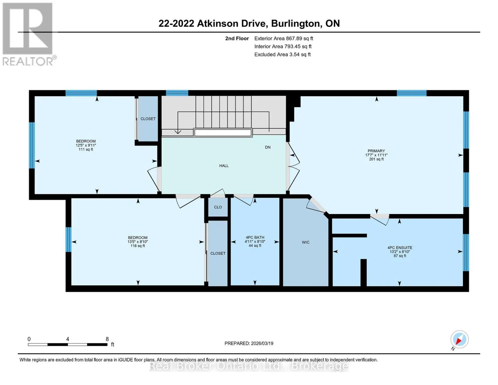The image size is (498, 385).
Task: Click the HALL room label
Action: point(224,166)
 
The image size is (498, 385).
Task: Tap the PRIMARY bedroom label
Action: point(376,151)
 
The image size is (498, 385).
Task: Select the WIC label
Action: point(306,242)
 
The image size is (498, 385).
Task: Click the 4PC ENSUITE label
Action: point(400,248)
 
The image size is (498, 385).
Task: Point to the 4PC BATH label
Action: point(255,237)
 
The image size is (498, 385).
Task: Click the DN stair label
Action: point(268,147)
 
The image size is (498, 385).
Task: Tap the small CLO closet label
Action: point(218,207)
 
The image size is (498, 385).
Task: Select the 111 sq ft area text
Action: point(86,150)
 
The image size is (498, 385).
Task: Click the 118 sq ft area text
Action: point(138,246)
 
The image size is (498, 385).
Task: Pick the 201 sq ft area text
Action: point(376,159)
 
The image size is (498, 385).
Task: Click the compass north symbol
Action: point(459,339)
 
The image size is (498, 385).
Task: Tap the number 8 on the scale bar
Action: point(107,339)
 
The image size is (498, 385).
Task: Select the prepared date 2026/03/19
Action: point(262,343)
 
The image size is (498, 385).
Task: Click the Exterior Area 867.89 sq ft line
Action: point(283,38)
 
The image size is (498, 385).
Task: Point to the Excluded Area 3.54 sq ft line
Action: point(282,55)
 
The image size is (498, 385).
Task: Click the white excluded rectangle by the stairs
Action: point(223,133)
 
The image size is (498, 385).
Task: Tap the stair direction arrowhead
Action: point(178,132)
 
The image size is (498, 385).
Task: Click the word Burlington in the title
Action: point(296,24)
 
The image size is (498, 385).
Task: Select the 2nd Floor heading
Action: point(237,38)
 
